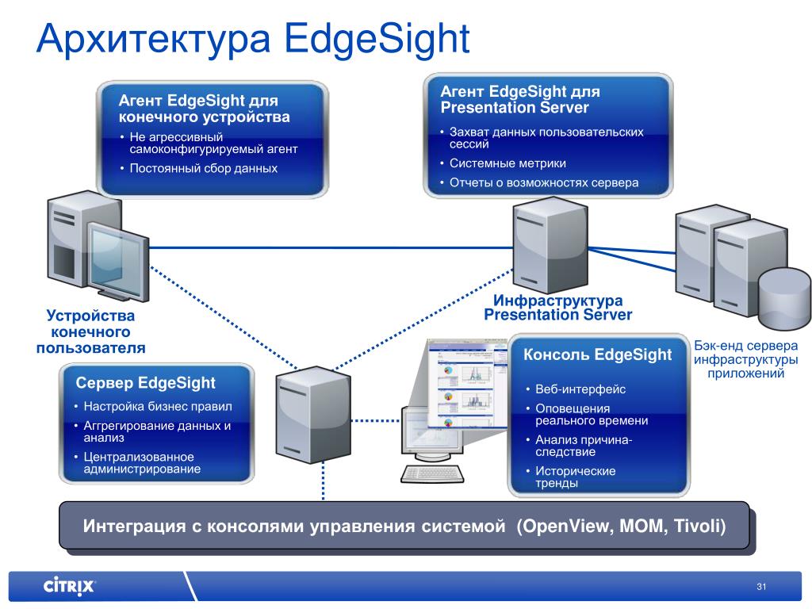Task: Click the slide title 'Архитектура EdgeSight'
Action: (253, 39)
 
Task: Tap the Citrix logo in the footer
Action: (69, 587)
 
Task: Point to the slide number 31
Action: (762, 587)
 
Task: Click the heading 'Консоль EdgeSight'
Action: (597, 354)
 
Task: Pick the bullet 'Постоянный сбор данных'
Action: (203, 168)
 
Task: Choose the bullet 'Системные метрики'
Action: (507, 163)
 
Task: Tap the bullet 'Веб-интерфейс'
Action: (580, 389)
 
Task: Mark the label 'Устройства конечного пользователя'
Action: (90, 332)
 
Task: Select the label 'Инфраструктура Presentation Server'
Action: (557, 308)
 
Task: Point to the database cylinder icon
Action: (783, 299)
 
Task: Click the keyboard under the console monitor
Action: (432, 473)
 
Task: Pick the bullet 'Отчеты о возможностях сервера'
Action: (543, 182)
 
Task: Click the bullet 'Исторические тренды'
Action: (575, 477)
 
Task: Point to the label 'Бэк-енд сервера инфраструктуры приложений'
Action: (745, 360)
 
